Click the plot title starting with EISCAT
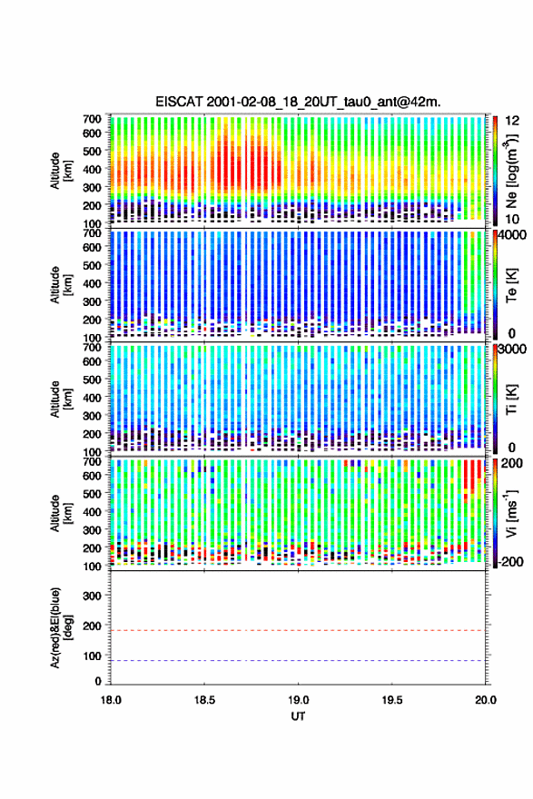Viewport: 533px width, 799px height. point(298,102)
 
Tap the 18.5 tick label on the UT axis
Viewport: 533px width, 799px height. point(203,700)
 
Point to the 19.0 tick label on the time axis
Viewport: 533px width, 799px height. point(298,700)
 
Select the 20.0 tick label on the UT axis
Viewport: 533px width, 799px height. point(485,700)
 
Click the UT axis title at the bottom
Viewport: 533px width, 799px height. point(298,716)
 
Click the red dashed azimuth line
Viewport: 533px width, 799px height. point(298,630)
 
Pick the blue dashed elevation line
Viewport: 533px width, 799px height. point(298,660)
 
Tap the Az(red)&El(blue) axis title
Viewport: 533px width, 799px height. point(61,627)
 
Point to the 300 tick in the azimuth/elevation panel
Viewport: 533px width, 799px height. point(93,596)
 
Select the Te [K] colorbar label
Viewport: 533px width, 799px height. point(511,285)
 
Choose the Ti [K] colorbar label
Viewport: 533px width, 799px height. point(511,399)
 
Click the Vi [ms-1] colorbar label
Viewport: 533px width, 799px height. point(511,513)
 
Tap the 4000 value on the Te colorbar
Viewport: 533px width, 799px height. point(513,236)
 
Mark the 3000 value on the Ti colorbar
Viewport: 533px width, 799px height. point(513,349)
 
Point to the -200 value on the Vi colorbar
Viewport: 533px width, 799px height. point(509,562)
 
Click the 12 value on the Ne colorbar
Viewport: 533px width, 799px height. point(513,121)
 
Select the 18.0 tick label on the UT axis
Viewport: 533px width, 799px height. point(111,700)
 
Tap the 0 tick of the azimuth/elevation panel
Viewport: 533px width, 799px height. point(98,681)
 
